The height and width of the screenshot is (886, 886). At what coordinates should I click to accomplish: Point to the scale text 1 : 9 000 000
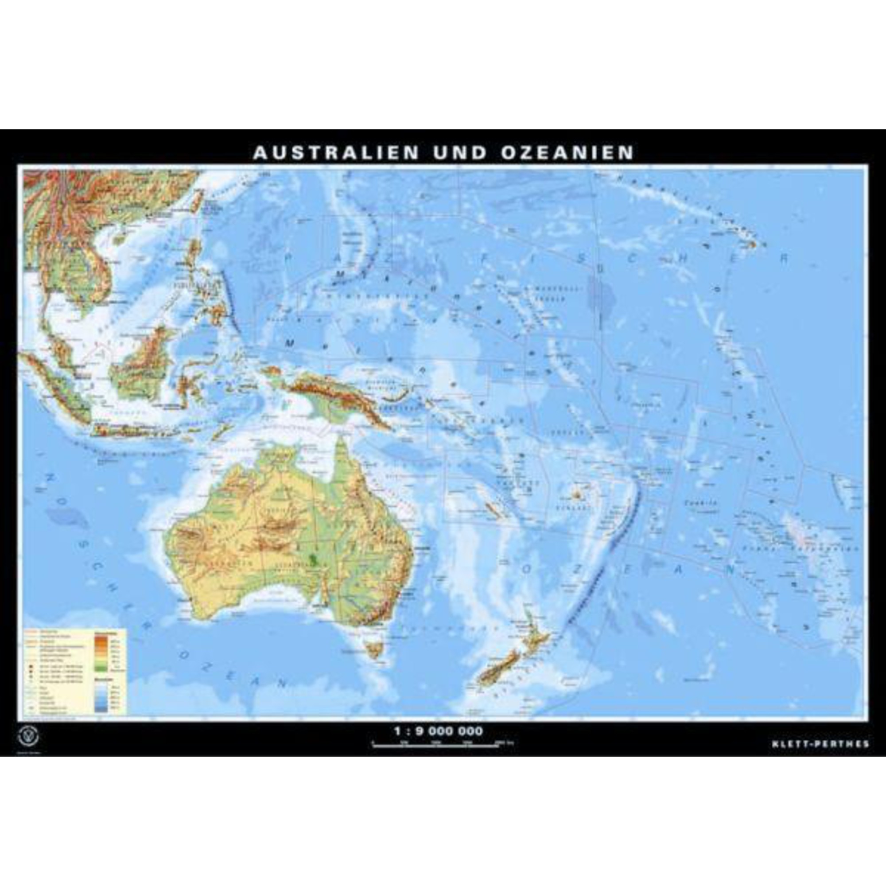coord(439,731)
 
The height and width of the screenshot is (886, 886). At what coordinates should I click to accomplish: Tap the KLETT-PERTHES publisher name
coord(820,744)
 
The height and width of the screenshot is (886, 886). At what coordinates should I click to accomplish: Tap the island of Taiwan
coord(197,200)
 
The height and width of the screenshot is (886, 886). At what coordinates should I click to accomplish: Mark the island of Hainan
coord(120,238)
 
